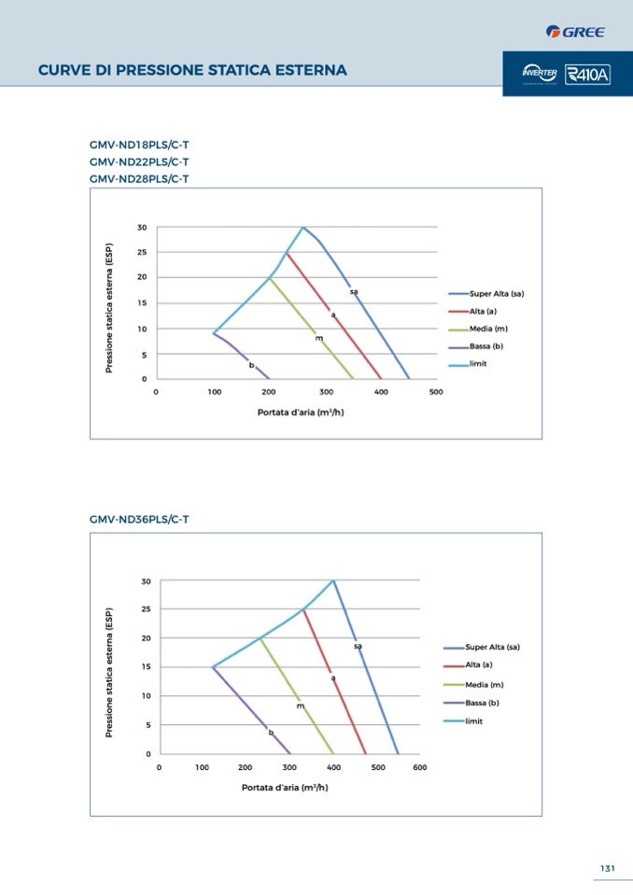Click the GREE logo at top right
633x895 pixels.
575,33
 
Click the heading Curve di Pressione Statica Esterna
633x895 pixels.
192,70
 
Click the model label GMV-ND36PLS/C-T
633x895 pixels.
139,519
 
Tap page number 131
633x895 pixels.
607,868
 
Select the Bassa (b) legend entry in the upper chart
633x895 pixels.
486,346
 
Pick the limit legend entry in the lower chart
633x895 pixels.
473,720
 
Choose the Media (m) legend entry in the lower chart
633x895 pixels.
485,685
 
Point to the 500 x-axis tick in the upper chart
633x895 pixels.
436,392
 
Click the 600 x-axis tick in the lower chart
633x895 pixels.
419,767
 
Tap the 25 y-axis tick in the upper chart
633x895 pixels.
142,252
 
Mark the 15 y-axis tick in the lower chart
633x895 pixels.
146,666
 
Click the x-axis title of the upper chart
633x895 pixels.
301,412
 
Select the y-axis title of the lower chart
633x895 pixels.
108,672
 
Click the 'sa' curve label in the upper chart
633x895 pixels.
354,292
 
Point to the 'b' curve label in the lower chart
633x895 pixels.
271,733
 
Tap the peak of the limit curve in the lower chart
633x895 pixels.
332,580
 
